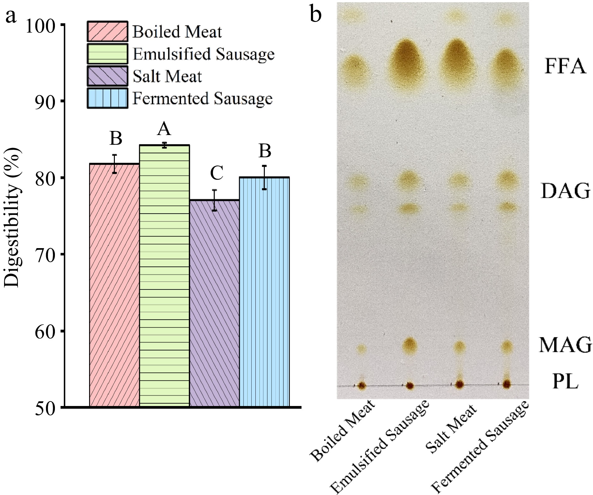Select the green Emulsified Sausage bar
164,276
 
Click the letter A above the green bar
164,129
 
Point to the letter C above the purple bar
216,173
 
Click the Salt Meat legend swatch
108,76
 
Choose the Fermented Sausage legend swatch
108,98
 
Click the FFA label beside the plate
565,66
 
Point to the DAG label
565,191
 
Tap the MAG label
565,345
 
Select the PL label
565,382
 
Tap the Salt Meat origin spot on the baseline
459,384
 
